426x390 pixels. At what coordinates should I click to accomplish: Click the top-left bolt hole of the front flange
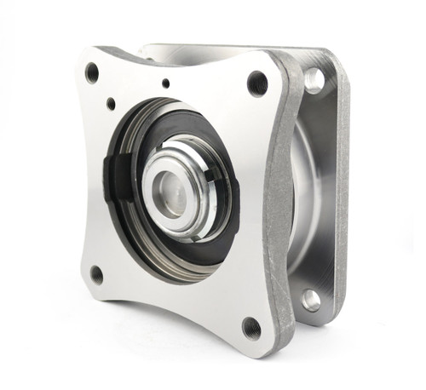[92, 72]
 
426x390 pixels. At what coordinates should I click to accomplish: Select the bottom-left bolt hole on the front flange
[96, 274]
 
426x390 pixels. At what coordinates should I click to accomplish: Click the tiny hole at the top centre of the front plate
[165, 83]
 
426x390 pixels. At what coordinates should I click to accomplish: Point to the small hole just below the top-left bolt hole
[111, 103]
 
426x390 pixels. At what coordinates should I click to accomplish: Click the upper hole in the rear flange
[314, 80]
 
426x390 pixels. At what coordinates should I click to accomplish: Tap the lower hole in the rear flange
[311, 299]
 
